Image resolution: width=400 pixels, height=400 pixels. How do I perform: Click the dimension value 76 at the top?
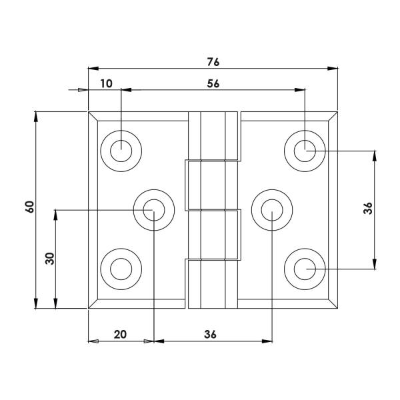tap(213, 62)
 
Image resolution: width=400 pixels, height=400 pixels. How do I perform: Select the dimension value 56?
tap(213, 83)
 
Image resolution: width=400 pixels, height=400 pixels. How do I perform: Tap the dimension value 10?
tap(107, 83)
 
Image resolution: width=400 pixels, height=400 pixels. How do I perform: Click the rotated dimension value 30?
tap(49, 259)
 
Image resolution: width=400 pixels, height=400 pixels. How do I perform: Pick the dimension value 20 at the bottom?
tap(120, 335)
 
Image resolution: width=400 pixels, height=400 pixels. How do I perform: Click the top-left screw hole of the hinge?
tap(121, 151)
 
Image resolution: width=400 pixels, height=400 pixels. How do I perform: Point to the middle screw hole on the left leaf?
tap(153, 210)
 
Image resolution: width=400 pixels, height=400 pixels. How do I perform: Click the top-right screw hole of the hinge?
tap(305, 151)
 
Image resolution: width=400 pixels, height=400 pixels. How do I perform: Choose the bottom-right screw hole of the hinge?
tap(305, 269)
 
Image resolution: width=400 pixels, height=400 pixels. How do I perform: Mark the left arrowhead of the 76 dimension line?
tap(94, 69)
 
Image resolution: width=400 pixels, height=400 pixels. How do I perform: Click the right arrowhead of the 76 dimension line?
tap(332, 69)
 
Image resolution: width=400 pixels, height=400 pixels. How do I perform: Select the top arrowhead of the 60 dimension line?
tap(36, 117)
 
